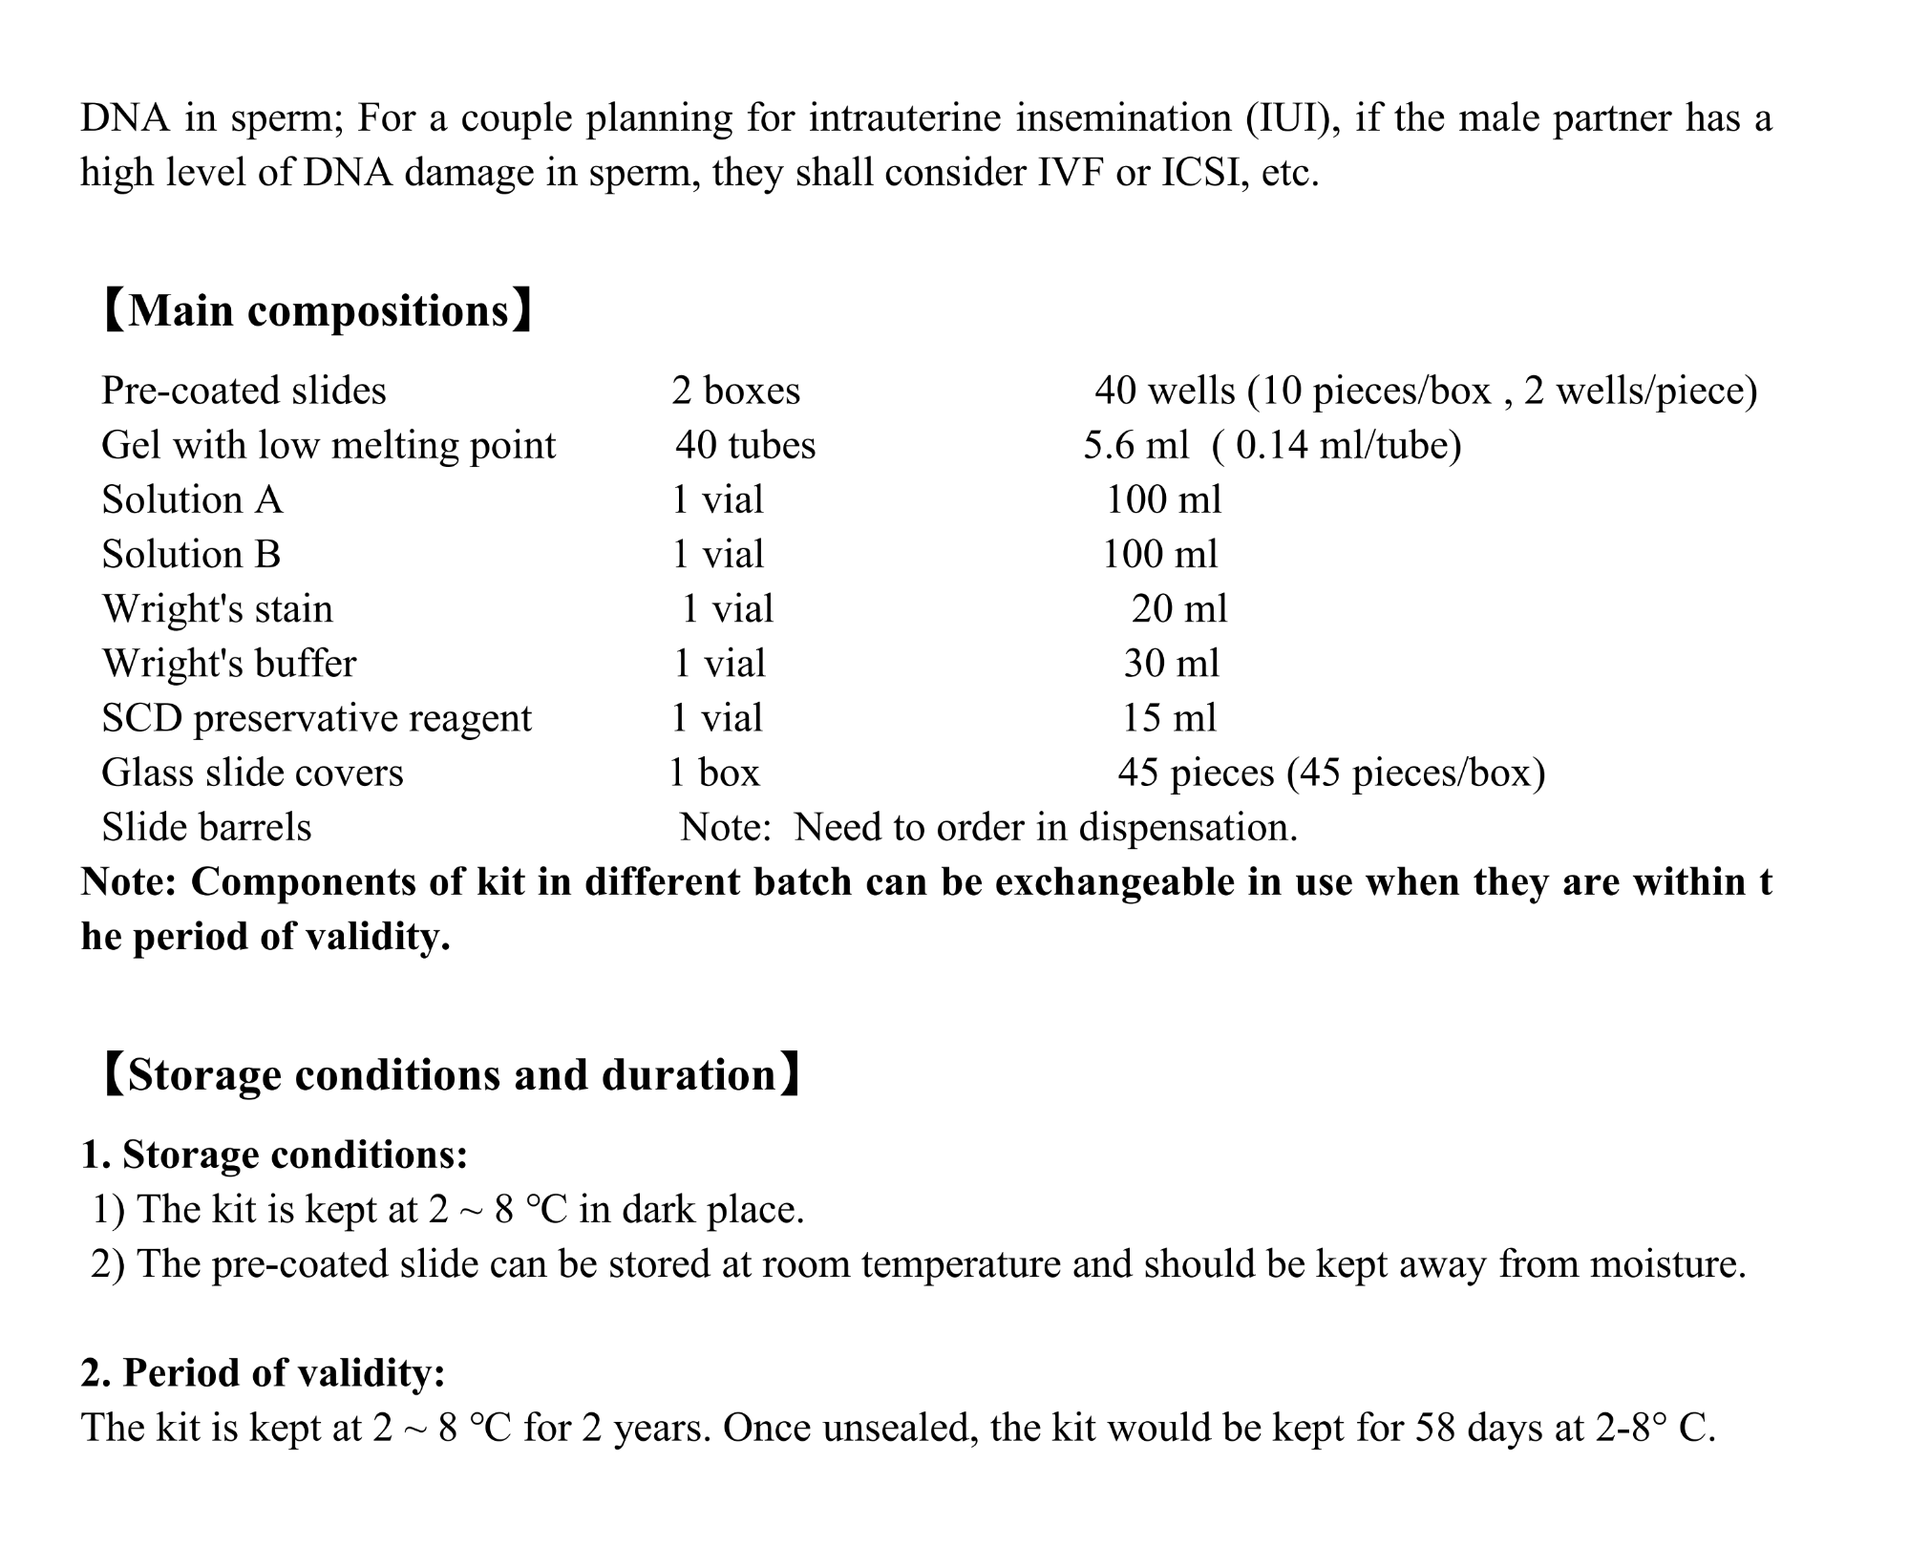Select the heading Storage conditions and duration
click(451, 1074)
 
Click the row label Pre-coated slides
click(244, 391)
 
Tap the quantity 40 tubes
click(745, 445)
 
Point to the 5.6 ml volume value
click(1135, 445)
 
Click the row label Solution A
click(192, 499)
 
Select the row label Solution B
click(191, 554)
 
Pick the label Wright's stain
click(218, 609)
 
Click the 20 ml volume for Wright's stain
click(1178, 609)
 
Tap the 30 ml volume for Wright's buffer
click(1171, 664)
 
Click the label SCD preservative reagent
click(316, 718)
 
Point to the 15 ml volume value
click(1169, 718)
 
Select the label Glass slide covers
click(252, 773)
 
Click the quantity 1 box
click(713, 773)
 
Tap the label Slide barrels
click(206, 827)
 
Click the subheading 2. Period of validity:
click(263, 1372)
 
